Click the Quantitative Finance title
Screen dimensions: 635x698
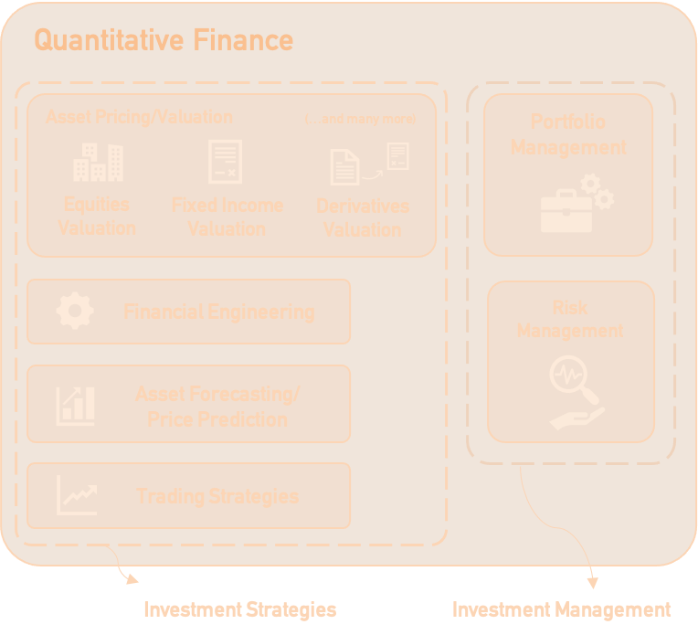point(164,40)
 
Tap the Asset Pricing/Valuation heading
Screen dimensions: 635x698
point(139,117)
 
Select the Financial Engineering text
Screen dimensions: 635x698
point(218,312)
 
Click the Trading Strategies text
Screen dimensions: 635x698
point(217,497)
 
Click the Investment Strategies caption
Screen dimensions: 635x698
point(239,609)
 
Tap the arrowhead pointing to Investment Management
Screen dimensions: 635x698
point(593,581)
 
